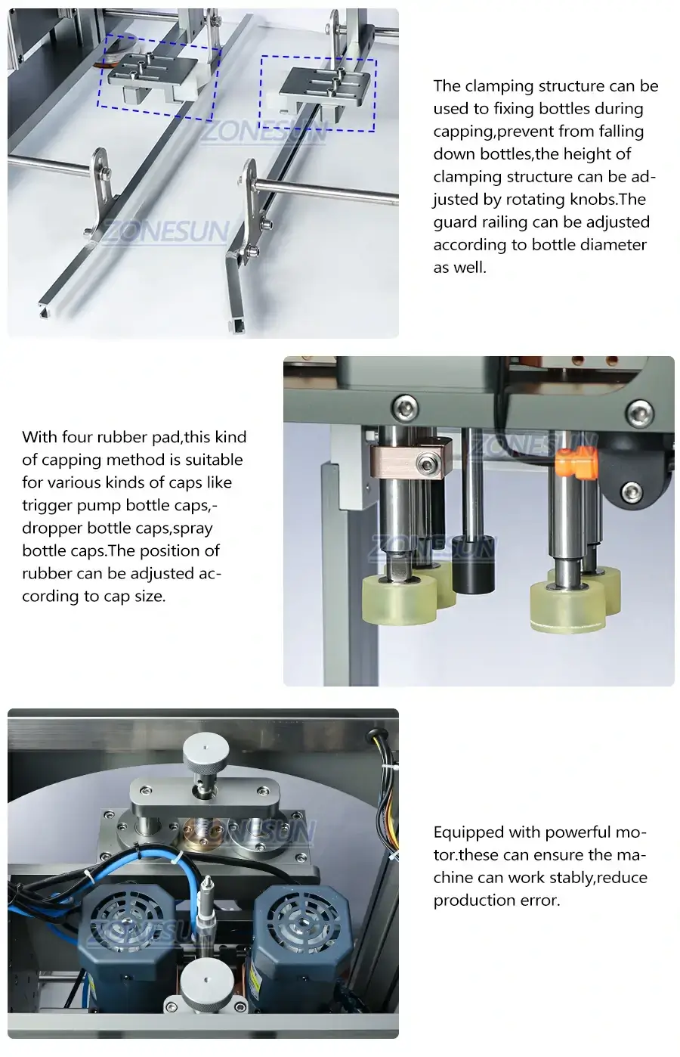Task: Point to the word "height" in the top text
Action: point(582,154)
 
